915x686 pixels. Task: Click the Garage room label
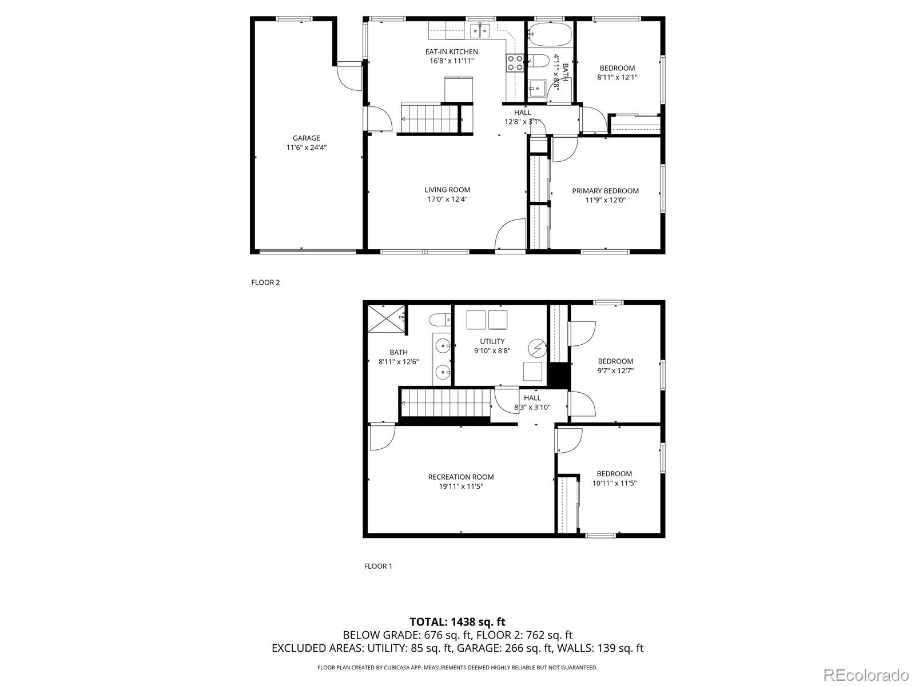tap(307, 138)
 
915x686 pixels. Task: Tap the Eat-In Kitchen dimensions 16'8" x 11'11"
tap(451, 61)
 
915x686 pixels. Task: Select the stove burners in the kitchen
tap(515, 63)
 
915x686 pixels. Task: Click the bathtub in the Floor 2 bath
tap(550, 35)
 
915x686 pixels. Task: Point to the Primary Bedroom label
tap(605, 191)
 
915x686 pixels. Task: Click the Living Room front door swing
tap(510, 235)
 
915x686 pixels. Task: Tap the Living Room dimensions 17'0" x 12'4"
tap(447, 200)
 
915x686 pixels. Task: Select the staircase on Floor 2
tap(429, 118)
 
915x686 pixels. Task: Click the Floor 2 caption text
tap(265, 282)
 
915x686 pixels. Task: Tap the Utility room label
tap(492, 341)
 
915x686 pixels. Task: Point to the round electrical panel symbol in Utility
tap(538, 346)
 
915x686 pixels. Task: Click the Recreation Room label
tap(461, 477)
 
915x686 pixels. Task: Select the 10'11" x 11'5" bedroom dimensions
tap(615, 483)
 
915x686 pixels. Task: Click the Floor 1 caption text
tap(378, 567)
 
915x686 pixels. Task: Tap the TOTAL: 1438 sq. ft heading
tap(457, 621)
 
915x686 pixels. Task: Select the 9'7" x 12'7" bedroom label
tap(615, 361)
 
